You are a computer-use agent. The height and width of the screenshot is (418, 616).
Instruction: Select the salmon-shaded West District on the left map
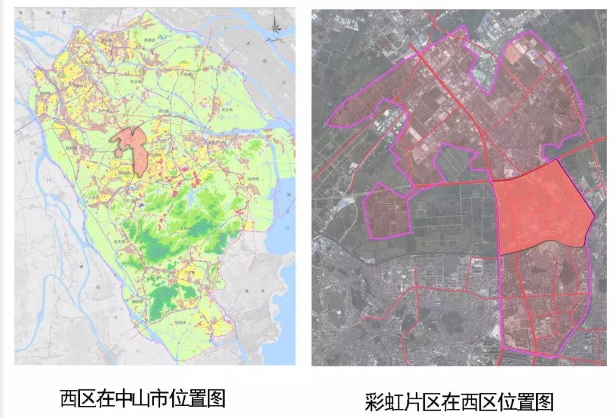point(134,148)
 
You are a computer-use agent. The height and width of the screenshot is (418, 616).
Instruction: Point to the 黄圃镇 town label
point(150,40)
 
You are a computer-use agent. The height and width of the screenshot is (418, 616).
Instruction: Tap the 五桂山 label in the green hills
point(185,227)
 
